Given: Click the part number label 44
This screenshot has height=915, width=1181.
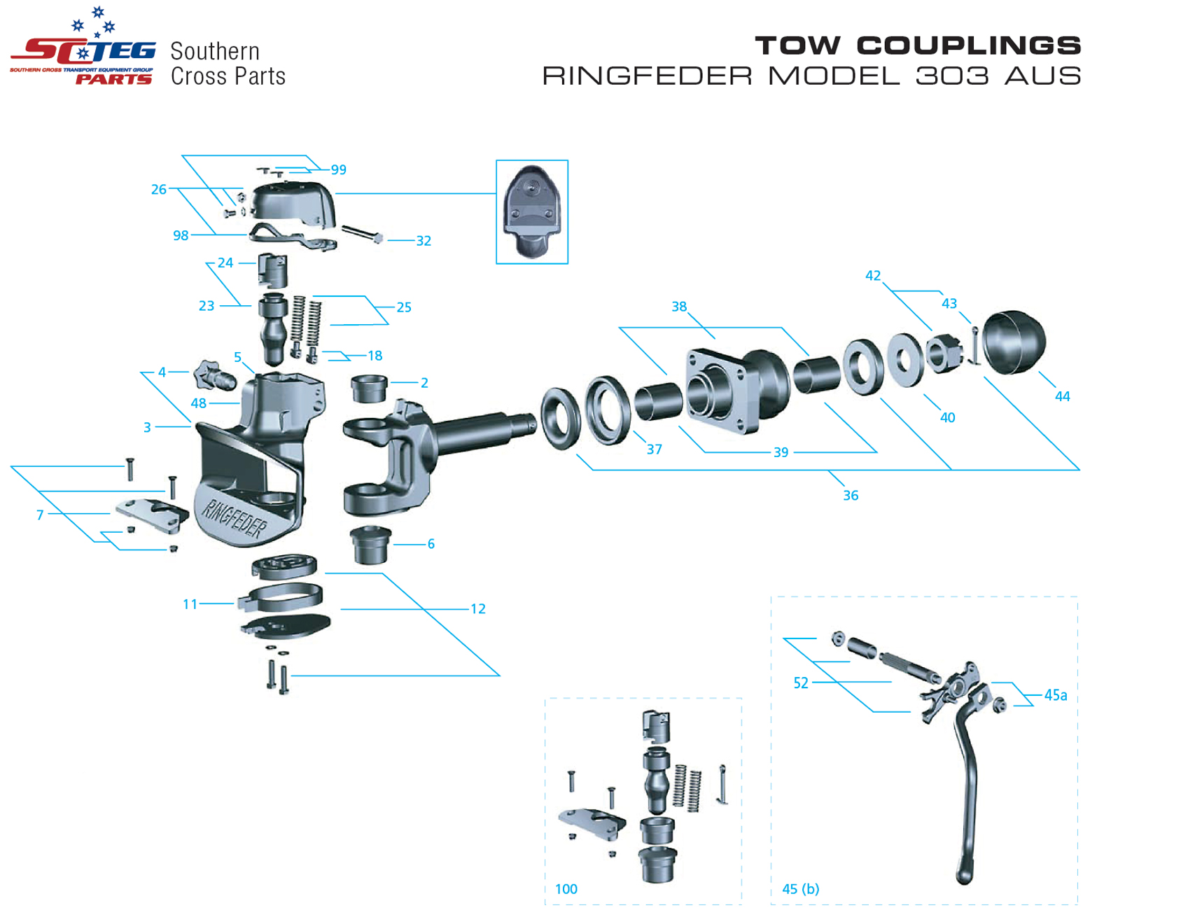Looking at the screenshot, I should point(1062,396).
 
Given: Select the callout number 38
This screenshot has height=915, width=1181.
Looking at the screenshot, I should point(678,307).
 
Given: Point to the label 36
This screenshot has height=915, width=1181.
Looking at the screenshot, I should point(850,496).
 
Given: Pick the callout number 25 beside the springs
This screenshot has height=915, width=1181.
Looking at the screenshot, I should point(404,307).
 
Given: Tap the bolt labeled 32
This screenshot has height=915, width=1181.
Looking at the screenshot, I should point(361,233).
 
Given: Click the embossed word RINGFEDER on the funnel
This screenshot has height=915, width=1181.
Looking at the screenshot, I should point(234,519).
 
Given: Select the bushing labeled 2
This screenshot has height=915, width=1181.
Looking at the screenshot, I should point(369,389).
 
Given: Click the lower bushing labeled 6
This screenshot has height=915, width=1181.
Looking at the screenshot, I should point(370,545).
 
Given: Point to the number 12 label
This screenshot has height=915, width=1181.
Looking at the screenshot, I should point(477,609).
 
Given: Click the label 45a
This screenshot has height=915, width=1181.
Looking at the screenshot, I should point(1055,695).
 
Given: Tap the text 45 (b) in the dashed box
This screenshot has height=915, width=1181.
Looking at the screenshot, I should point(800,889).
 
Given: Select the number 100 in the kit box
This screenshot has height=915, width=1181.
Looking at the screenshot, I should point(566,889).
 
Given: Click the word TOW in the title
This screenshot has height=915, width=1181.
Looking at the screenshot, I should point(797,46).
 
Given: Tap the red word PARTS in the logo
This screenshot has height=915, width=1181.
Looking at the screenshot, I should point(113,79).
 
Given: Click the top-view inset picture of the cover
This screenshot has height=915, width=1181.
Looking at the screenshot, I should point(531,211).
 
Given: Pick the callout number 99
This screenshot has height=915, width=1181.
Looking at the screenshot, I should point(338,170).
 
